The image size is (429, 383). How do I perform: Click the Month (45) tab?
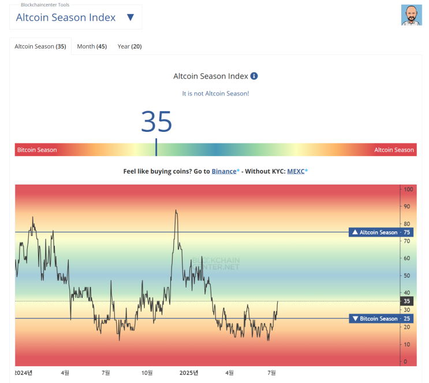pos(92,47)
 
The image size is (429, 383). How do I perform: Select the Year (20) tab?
pos(129,47)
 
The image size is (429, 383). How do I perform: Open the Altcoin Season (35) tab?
pos(40,47)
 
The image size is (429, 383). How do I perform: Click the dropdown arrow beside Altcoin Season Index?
pos(130,17)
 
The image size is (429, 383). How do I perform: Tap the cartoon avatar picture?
pos(411,15)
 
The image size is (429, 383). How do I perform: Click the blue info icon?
pos(254,76)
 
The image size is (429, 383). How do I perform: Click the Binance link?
pos(224,171)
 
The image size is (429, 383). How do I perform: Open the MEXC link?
pos(296,171)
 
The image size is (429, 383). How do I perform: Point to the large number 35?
pos(156,121)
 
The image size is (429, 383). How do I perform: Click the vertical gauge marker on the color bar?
pos(156,147)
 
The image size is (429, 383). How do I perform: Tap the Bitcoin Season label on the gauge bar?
pos(37,150)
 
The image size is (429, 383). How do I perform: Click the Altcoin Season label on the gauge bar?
pos(394,150)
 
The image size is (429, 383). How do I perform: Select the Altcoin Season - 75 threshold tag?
pos(381,232)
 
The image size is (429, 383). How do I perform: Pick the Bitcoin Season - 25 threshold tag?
pos(381,319)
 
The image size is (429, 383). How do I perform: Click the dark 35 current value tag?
pos(407,301)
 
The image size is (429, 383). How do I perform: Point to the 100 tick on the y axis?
pos(408,189)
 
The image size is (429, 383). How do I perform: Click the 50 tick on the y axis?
pos(407,275)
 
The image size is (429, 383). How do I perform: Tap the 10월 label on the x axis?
pos(147,373)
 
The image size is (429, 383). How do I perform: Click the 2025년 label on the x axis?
pos(189,373)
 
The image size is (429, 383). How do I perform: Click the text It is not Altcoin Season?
pos(215,94)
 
